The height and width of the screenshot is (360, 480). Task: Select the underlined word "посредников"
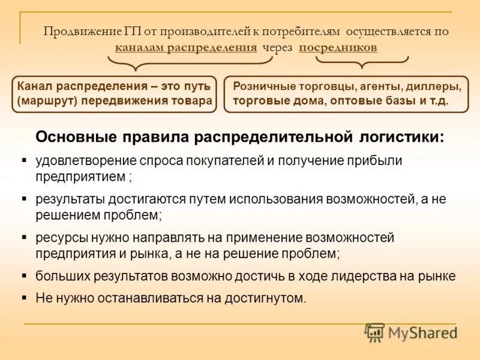(x=338, y=47)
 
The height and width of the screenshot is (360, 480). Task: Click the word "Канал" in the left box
(x=34, y=86)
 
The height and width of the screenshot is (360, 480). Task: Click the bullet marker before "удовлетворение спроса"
(x=23, y=160)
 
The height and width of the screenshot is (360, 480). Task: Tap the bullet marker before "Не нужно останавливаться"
(x=23, y=296)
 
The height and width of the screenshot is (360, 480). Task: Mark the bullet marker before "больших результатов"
(x=23, y=276)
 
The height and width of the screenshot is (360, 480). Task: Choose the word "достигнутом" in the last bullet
(x=271, y=298)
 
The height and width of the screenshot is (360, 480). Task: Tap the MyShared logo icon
(x=374, y=332)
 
